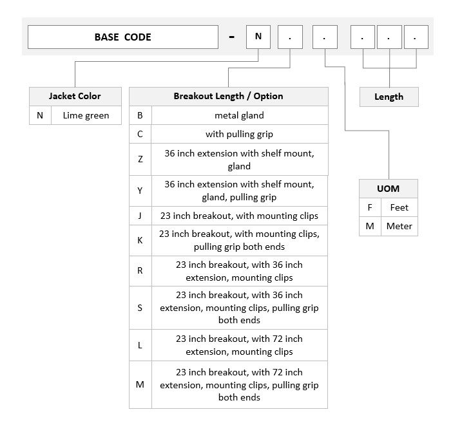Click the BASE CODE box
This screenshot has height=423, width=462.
(123, 37)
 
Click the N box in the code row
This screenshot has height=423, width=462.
(258, 37)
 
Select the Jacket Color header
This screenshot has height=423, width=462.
(75, 97)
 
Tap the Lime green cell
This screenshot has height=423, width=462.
(86, 115)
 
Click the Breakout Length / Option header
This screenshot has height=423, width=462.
(228, 97)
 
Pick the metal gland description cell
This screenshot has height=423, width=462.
(240, 115)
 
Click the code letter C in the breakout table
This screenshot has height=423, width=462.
(140, 134)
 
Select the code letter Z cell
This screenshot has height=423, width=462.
(140, 159)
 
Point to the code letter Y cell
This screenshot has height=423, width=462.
(140, 191)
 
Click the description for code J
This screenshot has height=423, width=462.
(240, 216)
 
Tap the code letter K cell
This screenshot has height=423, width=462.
(140, 241)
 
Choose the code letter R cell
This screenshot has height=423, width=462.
(140, 271)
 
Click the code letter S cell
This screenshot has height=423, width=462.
(140, 308)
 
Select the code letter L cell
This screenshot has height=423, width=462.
(140, 345)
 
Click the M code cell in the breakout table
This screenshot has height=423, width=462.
(140, 384)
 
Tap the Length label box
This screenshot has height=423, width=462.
(389, 97)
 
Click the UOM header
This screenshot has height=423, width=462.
(389, 189)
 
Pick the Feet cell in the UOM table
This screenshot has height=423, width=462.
(399, 207)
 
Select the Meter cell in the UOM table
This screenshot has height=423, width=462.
(399, 226)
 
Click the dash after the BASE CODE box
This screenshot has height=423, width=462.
(232, 37)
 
